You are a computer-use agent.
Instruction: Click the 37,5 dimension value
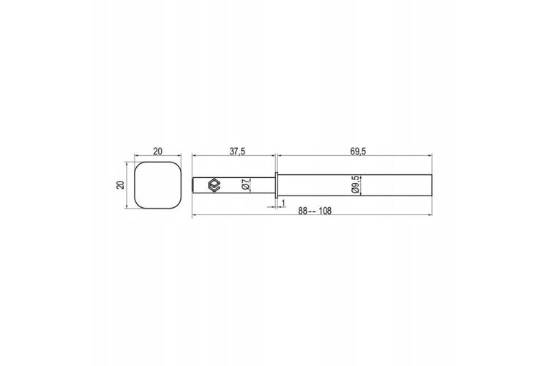tap(237, 152)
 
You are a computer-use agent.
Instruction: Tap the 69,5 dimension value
tap(358, 152)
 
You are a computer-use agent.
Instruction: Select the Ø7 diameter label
tap(246, 184)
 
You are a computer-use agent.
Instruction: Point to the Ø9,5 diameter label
tap(355, 184)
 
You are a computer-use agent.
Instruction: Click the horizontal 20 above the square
tap(158, 152)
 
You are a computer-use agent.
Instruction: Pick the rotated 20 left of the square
tap(121, 185)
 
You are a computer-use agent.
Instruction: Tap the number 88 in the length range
tap(302, 211)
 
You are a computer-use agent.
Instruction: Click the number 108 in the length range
tap(325, 211)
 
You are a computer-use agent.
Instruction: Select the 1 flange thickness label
tap(283, 203)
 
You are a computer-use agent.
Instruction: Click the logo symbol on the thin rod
tap(213, 185)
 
